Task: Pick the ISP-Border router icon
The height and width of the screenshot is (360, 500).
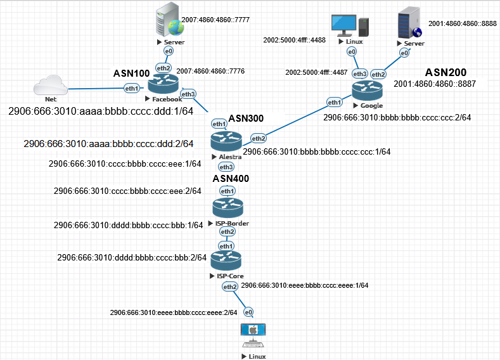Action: [x=227, y=207]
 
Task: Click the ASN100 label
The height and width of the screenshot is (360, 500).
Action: [x=132, y=74]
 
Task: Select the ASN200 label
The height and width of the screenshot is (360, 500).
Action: [x=446, y=72]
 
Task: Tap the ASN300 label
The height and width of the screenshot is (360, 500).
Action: [x=246, y=118]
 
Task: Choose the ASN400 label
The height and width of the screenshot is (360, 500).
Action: [x=231, y=179]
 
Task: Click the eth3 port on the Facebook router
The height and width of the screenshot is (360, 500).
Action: [x=188, y=94]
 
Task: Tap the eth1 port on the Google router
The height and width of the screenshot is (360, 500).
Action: [x=335, y=102]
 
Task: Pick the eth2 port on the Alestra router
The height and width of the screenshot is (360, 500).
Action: [x=258, y=138]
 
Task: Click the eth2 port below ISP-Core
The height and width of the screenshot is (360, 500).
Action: [x=229, y=287]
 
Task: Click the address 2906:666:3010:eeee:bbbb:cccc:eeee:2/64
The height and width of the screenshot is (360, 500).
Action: [x=173, y=312]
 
